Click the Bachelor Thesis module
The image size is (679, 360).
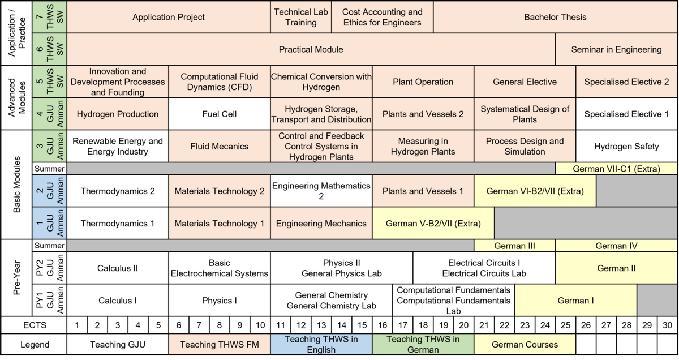[555, 17]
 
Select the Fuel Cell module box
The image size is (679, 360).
[219, 114]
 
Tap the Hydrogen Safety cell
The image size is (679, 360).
[626, 146]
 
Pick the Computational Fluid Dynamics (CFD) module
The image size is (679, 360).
[219, 82]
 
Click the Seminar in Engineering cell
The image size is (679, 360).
[616, 49]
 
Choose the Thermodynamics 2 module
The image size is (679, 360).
[117, 191]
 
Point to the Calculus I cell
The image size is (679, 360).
[117, 301]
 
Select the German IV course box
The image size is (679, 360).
[616, 246]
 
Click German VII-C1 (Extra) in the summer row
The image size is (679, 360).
[616, 169]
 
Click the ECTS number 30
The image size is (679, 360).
[668, 325]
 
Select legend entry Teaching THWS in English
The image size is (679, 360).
[321, 344]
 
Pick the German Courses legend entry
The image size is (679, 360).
[525, 344]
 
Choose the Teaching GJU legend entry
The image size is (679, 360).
[117, 344]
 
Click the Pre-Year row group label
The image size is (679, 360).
[16, 277]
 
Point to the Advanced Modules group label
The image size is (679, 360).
[16, 97]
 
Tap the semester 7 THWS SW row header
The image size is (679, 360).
[50, 17]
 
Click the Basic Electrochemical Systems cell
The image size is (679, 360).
[219, 268]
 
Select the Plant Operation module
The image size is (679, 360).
[423, 82]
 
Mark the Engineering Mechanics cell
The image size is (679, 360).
[321, 223]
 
